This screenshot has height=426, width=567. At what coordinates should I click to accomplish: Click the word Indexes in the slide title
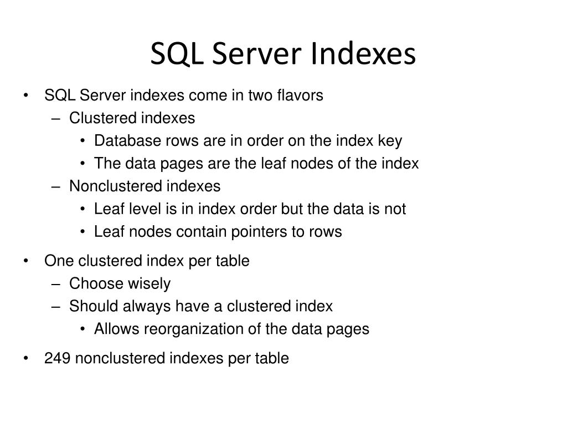tap(363, 54)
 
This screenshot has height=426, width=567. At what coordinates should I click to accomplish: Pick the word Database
tap(128, 141)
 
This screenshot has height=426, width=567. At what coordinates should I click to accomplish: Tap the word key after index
tap(390, 141)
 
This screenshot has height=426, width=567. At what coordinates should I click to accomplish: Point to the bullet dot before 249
tap(27, 358)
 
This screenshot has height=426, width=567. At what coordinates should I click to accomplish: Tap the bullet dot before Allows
tap(83, 329)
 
